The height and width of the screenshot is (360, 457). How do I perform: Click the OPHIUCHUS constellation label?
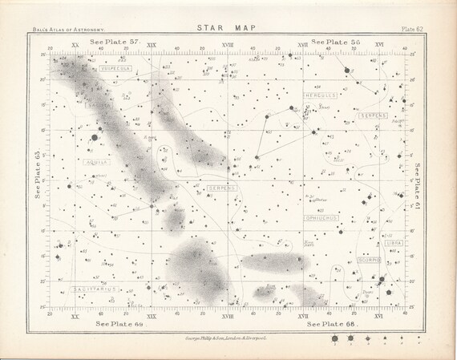pyautogui.click(x=321, y=216)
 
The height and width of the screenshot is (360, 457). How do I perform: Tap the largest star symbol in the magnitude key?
pyautogui.click(x=332, y=340)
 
